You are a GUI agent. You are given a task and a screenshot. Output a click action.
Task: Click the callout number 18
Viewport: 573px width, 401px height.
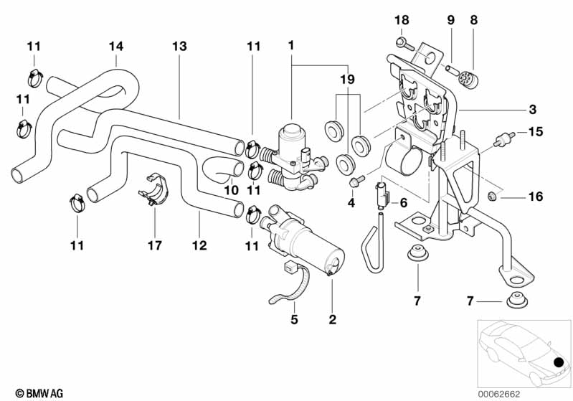401,20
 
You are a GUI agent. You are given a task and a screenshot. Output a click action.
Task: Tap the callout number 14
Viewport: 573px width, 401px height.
116,47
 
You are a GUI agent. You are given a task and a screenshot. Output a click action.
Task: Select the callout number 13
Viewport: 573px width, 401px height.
179,47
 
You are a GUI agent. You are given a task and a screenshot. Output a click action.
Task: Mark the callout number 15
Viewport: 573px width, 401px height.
536,131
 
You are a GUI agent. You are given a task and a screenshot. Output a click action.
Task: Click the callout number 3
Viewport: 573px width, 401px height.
532,110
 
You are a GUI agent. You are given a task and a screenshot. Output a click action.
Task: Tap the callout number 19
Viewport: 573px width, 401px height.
347,81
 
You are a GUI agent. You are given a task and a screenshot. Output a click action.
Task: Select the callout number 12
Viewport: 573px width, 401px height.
199,245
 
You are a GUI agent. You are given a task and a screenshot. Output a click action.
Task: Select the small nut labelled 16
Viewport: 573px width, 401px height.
491,196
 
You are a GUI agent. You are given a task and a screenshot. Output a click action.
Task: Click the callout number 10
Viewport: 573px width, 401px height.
231,191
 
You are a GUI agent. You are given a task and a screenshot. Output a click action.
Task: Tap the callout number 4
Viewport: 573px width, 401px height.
351,203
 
